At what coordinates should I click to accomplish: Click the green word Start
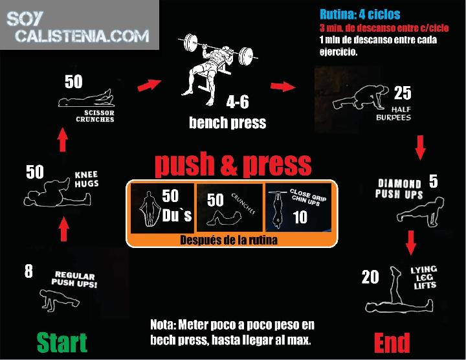point(62,342)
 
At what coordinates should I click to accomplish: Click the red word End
point(392,343)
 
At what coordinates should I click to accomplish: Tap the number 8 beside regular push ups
point(28,271)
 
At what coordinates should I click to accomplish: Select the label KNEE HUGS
point(86,179)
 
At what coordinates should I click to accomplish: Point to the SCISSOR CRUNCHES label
point(95,116)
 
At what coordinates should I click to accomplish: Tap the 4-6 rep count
point(238,102)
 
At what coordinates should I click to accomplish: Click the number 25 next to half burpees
point(403,93)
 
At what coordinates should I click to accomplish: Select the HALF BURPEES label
point(394,113)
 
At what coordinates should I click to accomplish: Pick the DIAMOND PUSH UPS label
point(399,189)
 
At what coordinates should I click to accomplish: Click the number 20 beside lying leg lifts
point(370,276)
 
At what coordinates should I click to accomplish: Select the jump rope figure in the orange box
point(148,208)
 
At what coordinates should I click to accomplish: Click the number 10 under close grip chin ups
point(300,217)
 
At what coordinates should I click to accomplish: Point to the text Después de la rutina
point(229,240)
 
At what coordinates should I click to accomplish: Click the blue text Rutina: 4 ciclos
point(360,14)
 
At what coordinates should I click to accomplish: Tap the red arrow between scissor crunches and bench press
point(150,85)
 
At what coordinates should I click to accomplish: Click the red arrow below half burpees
point(420,148)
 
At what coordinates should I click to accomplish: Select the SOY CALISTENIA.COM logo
point(78,27)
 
